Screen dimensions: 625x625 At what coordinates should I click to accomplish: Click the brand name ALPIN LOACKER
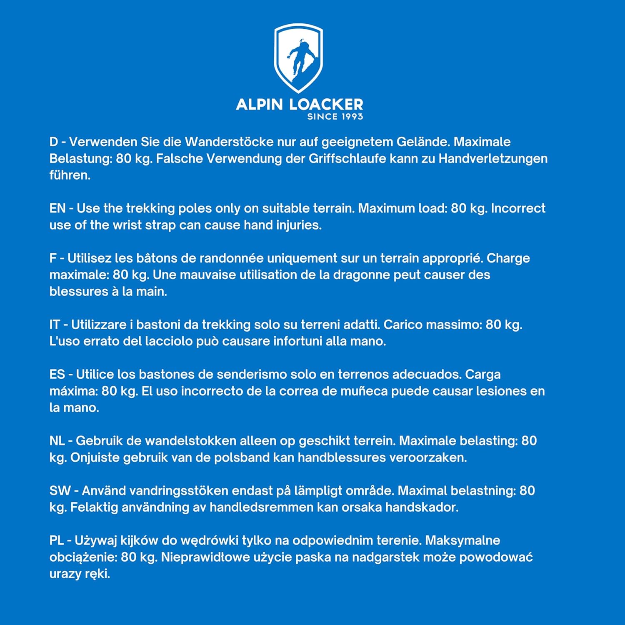pyautogui.click(x=299, y=104)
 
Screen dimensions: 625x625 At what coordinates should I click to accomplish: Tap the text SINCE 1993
pyautogui.click(x=335, y=117)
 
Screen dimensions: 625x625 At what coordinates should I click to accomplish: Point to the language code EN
pyautogui.click(x=57, y=208)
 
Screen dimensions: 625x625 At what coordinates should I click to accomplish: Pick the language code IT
pyautogui.click(x=55, y=325)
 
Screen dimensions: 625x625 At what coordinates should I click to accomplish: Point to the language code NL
pyautogui.click(x=57, y=441)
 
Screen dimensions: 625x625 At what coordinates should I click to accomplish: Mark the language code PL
pyautogui.click(x=56, y=540)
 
